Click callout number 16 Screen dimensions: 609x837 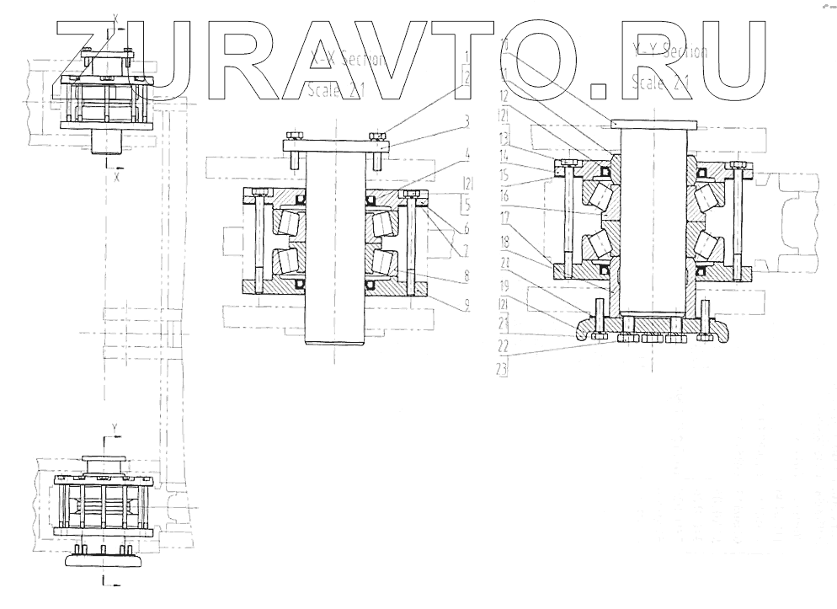[x=504, y=194]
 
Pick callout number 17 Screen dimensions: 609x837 [x=504, y=216]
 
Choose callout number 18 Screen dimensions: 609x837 [x=504, y=240]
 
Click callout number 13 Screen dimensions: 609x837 [x=504, y=136]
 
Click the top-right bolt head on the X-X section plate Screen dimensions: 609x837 [x=380, y=136]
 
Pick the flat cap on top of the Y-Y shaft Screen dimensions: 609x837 [x=658, y=123]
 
